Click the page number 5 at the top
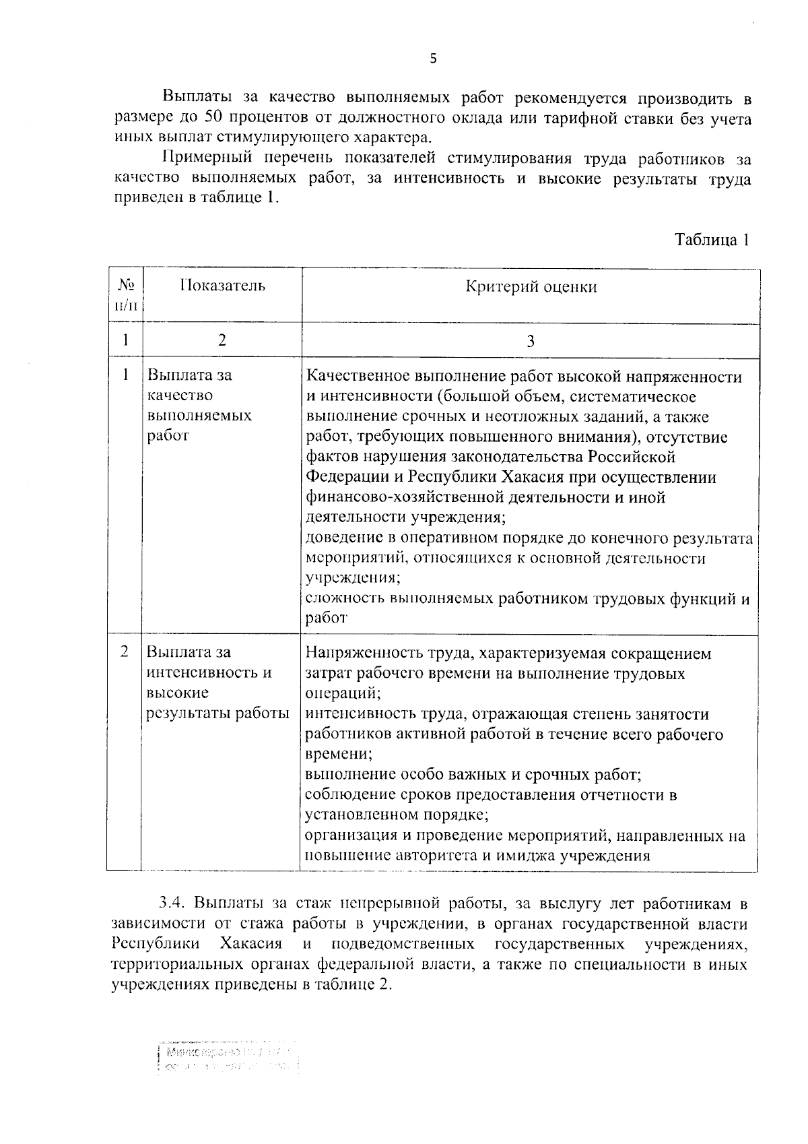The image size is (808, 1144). [433, 59]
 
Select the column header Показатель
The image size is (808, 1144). [222, 286]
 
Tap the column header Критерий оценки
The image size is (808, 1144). [531, 287]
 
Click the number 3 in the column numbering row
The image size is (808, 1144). [531, 341]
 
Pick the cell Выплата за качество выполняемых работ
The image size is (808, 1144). [199, 405]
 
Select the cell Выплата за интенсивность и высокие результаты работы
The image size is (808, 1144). [217, 682]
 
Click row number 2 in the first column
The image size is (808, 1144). [124, 652]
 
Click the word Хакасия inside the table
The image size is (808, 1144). [533, 478]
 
